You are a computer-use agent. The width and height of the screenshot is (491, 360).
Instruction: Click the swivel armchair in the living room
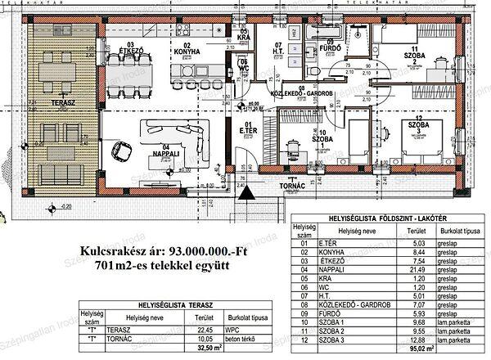[x=123, y=150]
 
